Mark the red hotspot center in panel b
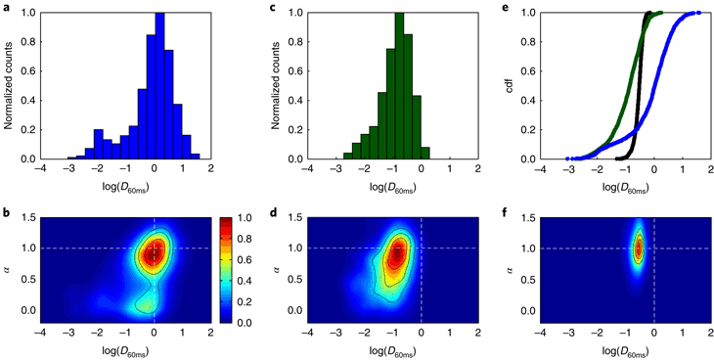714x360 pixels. click(152, 252)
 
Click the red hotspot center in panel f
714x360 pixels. click(639, 248)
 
